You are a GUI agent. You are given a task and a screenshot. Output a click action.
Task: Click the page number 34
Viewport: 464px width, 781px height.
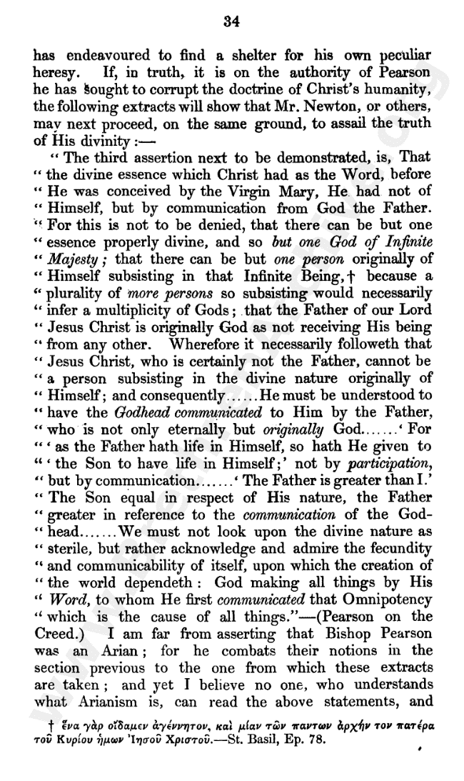(x=231, y=21)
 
